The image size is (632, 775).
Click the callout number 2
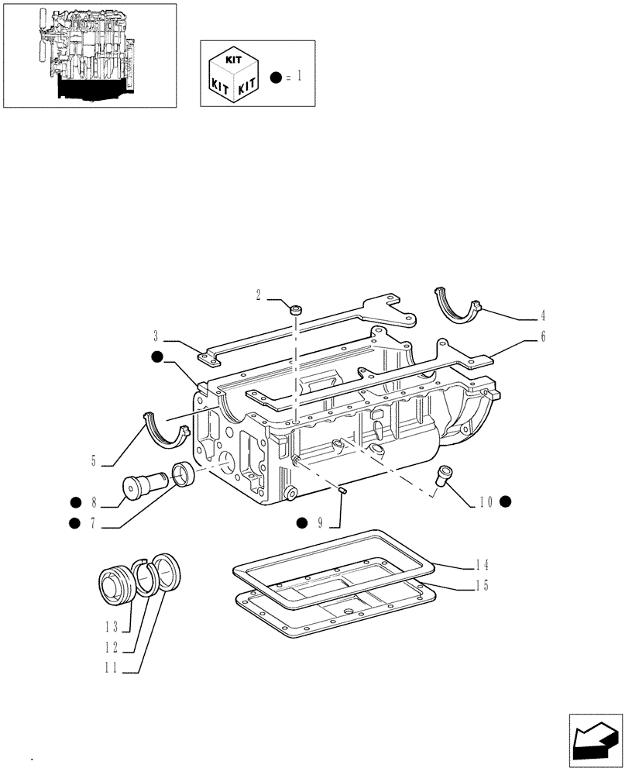click(x=259, y=294)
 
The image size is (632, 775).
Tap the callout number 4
click(x=543, y=315)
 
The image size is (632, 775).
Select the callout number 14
click(x=480, y=565)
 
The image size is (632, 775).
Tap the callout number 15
click(x=480, y=586)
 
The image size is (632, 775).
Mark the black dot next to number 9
click(x=301, y=523)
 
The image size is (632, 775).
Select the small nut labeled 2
click(x=296, y=310)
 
